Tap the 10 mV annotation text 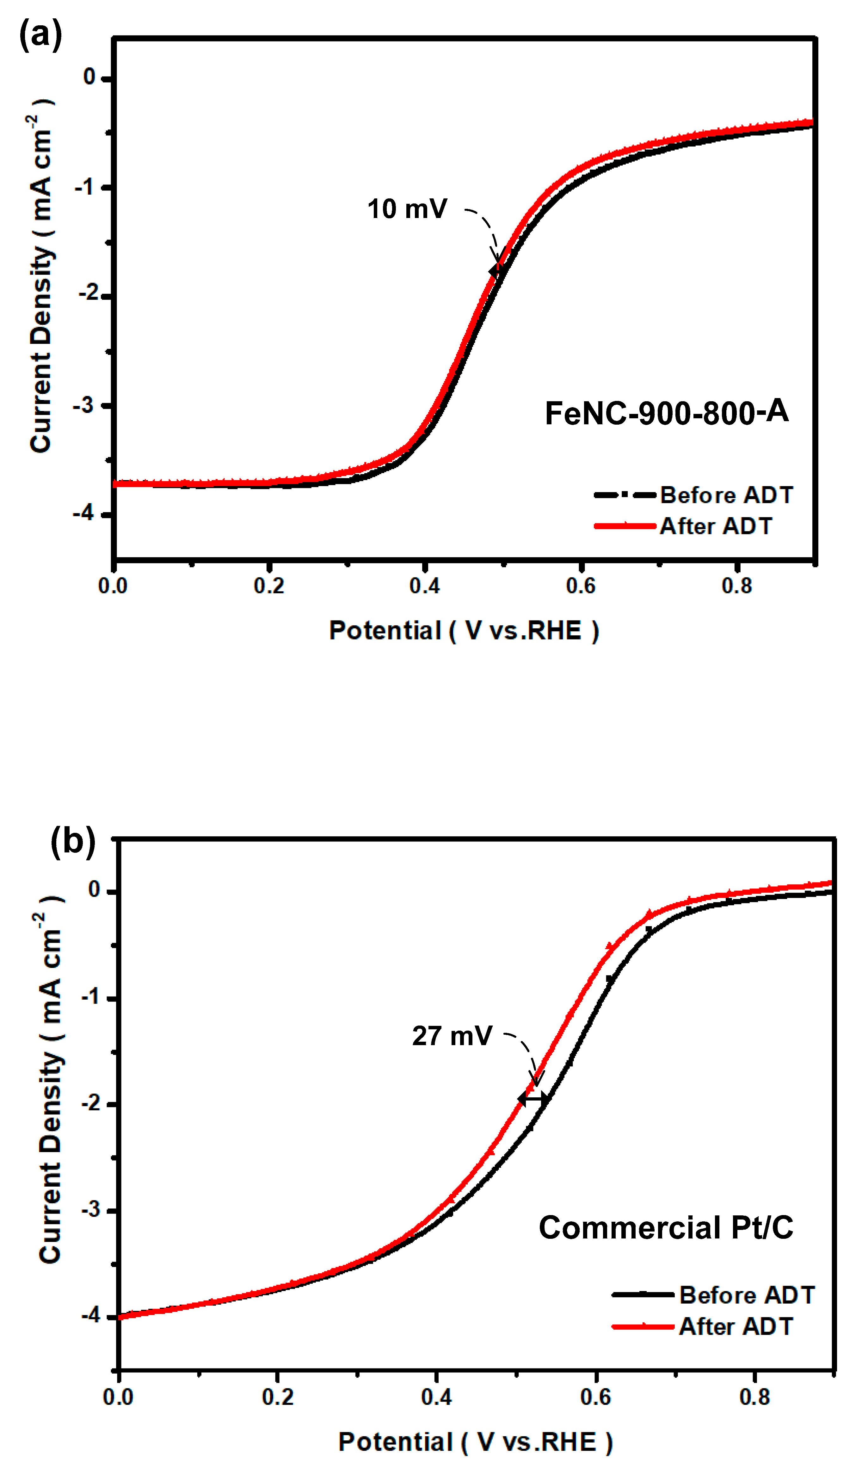tap(407, 209)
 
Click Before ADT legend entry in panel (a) tap(726, 495)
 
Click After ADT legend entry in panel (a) tap(716, 526)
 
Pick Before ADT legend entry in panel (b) tap(747, 1295)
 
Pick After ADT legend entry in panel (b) tap(736, 1326)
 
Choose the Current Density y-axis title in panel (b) tap(51, 1087)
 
